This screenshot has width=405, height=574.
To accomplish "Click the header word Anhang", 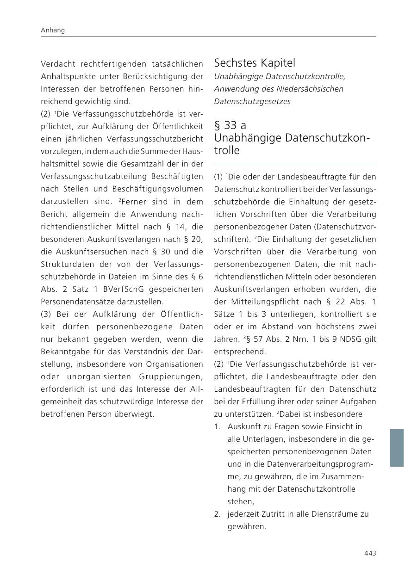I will [53, 30].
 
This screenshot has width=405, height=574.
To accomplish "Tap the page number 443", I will [370, 553].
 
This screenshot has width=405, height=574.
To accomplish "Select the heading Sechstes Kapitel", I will [254, 62].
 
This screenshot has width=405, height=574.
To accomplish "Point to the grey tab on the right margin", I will [397, 447].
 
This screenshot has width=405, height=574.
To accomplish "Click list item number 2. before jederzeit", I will [217, 514].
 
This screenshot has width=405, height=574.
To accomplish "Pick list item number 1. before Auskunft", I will [217, 426].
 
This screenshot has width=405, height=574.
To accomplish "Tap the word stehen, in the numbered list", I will [241, 501].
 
